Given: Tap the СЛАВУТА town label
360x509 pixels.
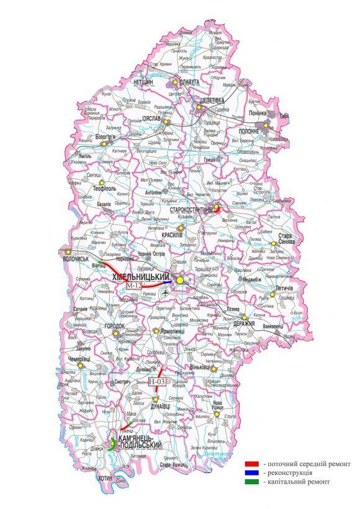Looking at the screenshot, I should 187,82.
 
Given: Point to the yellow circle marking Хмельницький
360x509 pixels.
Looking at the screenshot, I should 180,281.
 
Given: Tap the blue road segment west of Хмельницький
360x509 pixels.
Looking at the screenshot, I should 168,282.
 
